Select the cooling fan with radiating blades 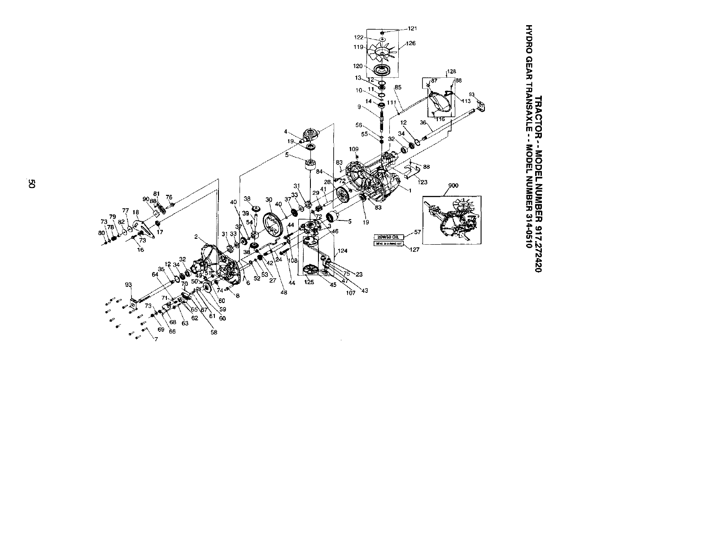tap(382, 53)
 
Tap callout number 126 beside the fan tap(411, 44)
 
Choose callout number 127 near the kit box tap(415, 250)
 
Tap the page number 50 tap(31, 184)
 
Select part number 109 tap(354, 149)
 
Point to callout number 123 tap(423, 182)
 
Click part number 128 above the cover tap(451, 71)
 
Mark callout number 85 tap(397, 87)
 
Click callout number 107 tap(350, 294)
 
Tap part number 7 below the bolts tap(156, 339)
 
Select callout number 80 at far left tap(101, 233)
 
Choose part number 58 tap(214, 333)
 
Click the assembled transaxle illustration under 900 tap(452, 220)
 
